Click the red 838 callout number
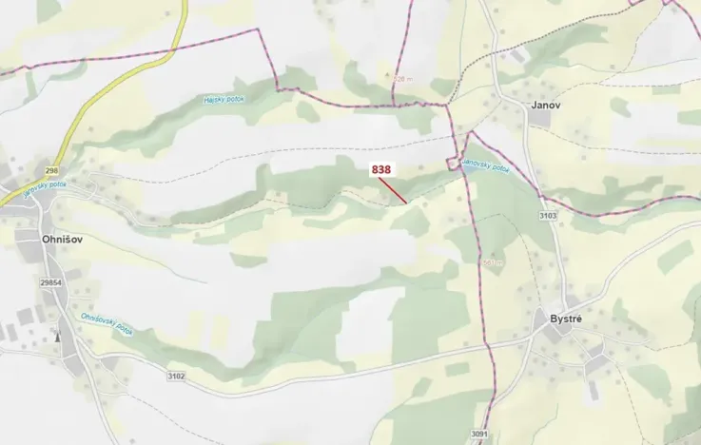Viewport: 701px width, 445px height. (381, 169)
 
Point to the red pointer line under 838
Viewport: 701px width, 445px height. (395, 190)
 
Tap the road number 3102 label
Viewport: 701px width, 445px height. (176, 377)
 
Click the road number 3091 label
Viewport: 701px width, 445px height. (478, 435)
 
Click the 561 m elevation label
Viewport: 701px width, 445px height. (492, 262)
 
